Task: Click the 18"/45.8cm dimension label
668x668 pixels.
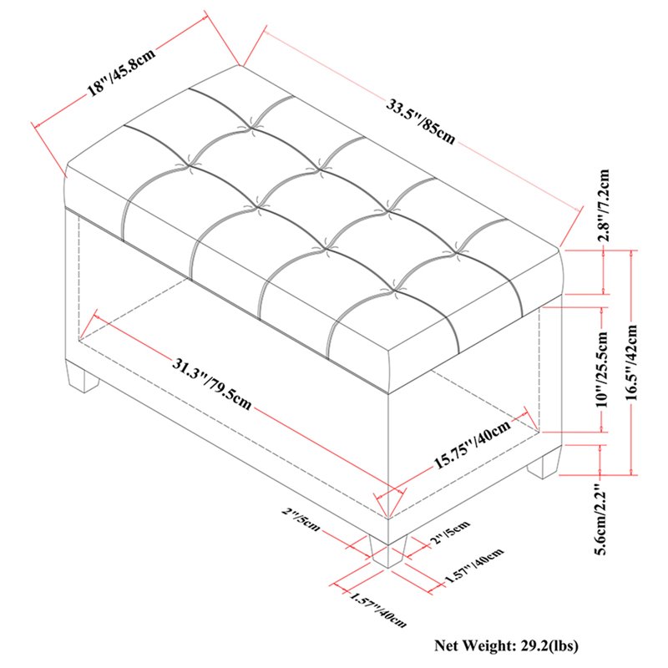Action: (122, 71)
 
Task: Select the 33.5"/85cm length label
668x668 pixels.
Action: (421, 121)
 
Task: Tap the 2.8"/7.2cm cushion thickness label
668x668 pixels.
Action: (604, 205)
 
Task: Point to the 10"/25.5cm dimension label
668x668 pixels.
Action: (602, 369)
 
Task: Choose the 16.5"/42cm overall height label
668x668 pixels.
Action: (632, 362)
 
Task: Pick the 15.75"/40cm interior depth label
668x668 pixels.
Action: (472, 444)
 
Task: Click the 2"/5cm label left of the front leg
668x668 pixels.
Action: (301, 519)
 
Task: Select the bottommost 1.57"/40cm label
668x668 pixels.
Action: (378, 610)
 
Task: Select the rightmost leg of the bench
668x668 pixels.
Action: (544, 466)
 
